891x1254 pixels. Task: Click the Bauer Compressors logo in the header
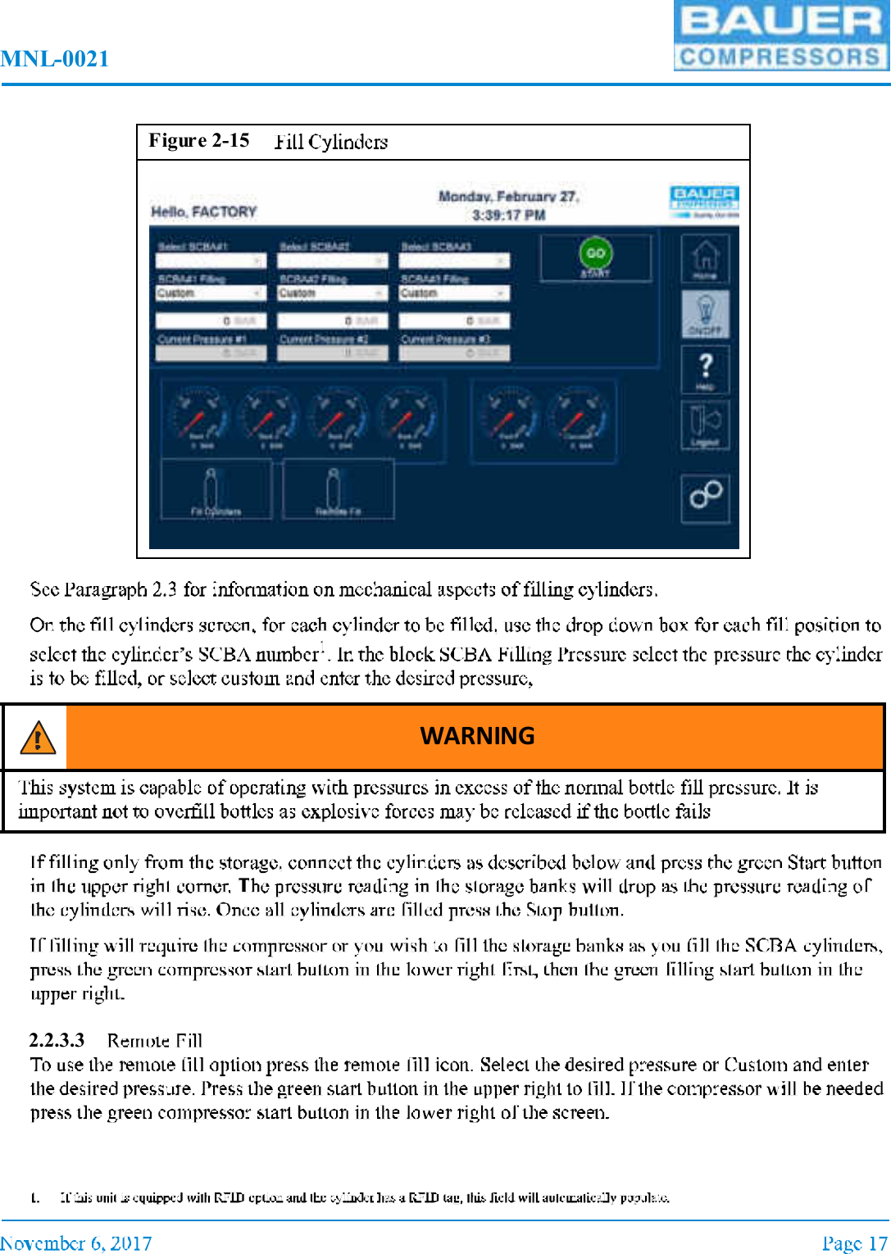coord(781,36)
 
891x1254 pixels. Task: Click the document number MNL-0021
coord(55,59)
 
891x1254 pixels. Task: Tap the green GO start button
coord(596,254)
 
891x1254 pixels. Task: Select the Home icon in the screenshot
coord(705,258)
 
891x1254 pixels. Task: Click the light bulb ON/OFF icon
coord(705,313)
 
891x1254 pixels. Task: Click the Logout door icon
coord(705,425)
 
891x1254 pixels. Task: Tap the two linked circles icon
coord(705,494)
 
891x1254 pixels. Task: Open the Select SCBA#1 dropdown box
coord(211,261)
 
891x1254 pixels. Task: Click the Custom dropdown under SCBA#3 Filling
coord(453,293)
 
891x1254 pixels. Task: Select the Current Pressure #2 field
coord(331,353)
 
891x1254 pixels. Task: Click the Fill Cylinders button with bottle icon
coord(216,490)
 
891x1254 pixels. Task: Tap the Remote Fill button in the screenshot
coord(338,490)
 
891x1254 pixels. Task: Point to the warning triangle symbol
coord(37,738)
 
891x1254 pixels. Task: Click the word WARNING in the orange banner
coord(477,736)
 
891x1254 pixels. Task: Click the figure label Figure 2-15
coord(199,141)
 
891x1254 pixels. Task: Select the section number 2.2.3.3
coord(57,1041)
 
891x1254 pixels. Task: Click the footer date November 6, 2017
coord(76,1243)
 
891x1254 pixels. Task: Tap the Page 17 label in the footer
coord(854,1243)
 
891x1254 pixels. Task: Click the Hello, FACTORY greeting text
coord(203,212)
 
